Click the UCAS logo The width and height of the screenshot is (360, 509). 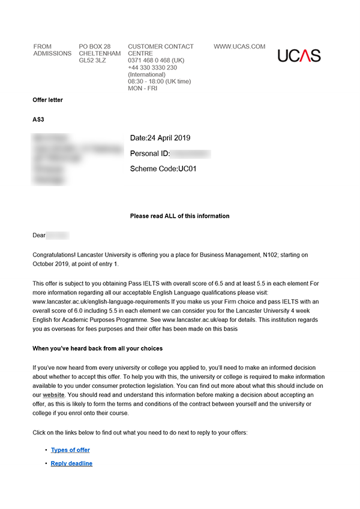(299, 56)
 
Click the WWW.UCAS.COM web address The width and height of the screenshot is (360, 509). (239, 47)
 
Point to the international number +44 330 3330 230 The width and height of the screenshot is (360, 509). (152, 68)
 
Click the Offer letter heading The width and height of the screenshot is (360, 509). (47, 100)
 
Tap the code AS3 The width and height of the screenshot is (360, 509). (38, 119)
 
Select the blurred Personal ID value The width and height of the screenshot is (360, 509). (191, 154)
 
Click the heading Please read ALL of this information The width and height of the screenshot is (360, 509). (179, 216)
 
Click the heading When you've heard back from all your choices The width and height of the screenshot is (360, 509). (97, 348)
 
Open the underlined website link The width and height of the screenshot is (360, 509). (54, 396)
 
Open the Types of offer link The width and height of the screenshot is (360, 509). (70, 450)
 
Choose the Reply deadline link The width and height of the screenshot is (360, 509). (71, 463)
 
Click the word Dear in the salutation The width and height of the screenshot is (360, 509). (39, 236)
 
